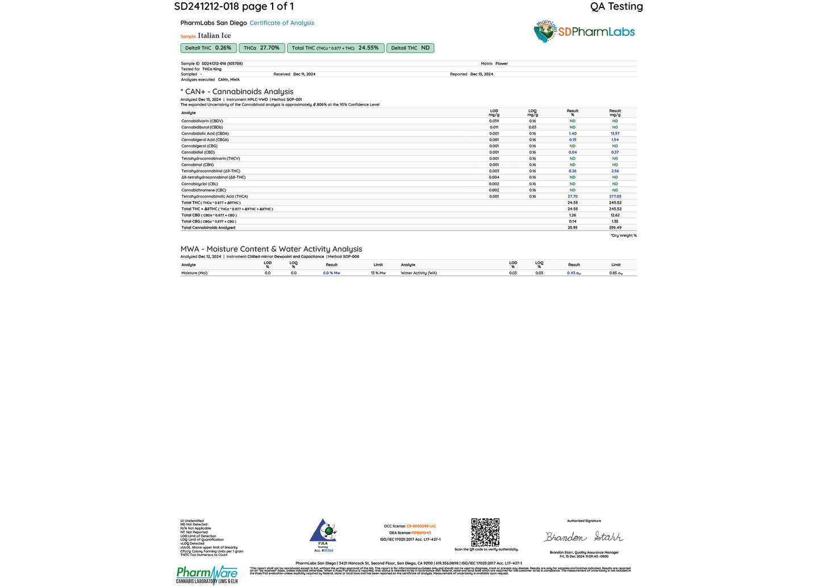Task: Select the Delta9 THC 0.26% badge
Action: click(208, 48)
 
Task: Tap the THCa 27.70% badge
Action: click(262, 48)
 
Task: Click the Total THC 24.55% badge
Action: click(335, 48)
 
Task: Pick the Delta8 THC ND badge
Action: click(410, 48)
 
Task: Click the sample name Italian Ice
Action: click(214, 36)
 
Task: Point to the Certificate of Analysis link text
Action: click(282, 23)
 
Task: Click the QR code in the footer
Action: click(486, 532)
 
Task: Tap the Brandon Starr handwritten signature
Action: click(584, 537)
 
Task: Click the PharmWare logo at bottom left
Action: click(207, 574)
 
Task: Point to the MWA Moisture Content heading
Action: click(271, 249)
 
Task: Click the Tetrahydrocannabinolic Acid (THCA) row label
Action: click(215, 196)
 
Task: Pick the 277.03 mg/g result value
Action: click(615, 196)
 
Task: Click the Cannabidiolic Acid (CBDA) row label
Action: click(205, 133)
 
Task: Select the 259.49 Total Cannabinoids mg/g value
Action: click(615, 228)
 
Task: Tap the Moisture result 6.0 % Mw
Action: click(332, 273)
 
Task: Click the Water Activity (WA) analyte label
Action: click(419, 273)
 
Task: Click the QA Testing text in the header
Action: click(616, 7)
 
